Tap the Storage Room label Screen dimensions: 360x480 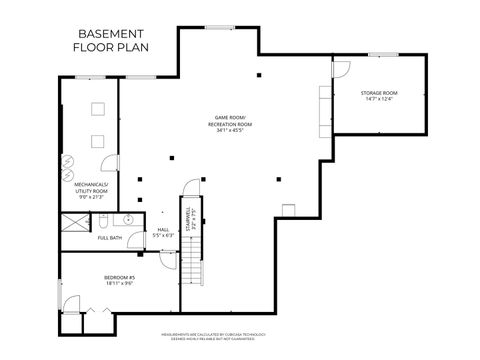point(379,93)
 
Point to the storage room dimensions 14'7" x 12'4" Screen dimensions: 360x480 point(379,99)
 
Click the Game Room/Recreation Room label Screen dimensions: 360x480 point(230,120)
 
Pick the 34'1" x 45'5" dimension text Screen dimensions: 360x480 point(230,131)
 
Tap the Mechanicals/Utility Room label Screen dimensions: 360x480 point(92,187)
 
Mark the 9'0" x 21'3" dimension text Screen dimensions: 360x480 point(92,198)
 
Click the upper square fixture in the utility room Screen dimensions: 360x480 point(101,108)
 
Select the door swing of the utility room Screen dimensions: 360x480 point(113,163)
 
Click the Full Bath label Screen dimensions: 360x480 point(110,238)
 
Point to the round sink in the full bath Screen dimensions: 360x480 point(129,219)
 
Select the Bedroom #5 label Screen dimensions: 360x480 point(119,277)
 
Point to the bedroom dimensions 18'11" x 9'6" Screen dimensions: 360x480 point(119,284)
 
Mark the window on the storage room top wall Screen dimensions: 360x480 point(383,54)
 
